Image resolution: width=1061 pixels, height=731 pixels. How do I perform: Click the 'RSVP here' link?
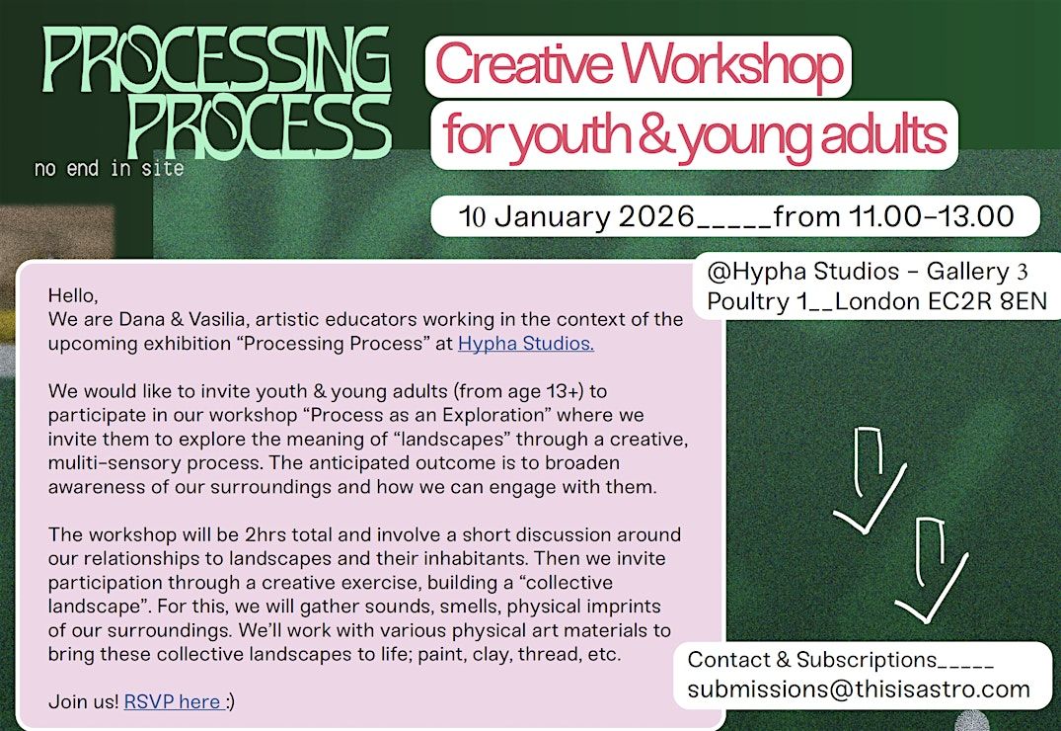click(173, 701)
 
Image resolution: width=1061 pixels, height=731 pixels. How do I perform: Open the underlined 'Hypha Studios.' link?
click(526, 344)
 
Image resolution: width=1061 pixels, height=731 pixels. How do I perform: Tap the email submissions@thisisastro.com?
click(858, 689)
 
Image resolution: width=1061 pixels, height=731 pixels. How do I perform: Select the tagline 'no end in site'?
click(109, 168)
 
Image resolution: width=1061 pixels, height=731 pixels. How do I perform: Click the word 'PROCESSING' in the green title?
click(216, 59)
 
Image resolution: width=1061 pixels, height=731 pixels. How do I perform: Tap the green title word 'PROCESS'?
click(260, 126)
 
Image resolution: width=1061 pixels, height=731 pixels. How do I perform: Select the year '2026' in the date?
click(656, 216)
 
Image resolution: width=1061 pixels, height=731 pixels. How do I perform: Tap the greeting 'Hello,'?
click(73, 296)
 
